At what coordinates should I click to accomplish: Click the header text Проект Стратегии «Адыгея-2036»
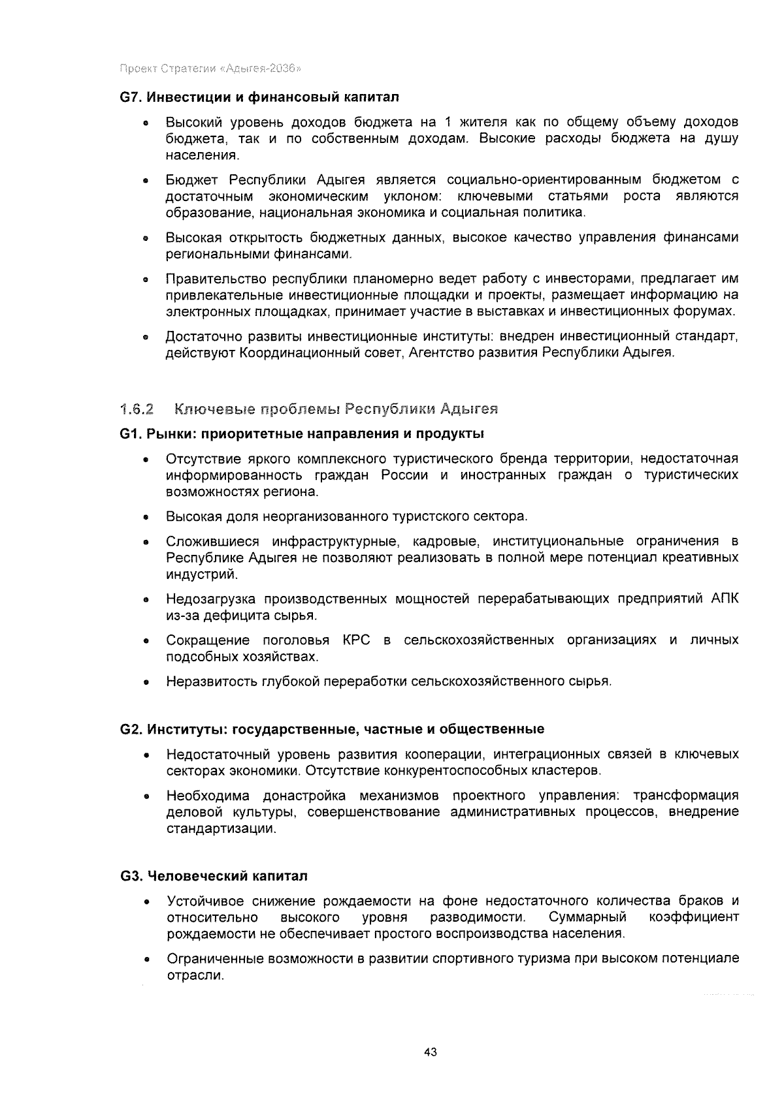[210, 68]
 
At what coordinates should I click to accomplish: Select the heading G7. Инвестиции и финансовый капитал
[259, 97]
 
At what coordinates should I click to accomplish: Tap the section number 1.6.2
[137, 410]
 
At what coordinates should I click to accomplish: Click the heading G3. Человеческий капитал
[214, 876]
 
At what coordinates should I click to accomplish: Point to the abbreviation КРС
[356, 640]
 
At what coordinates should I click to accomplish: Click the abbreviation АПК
[725, 599]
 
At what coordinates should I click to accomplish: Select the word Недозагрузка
[210, 599]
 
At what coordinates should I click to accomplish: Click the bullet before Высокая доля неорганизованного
[148, 518]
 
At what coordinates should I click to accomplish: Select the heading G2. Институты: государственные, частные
[333, 729]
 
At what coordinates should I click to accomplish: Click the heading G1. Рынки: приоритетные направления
[302, 433]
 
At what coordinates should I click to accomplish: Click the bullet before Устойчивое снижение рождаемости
[148, 903]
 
